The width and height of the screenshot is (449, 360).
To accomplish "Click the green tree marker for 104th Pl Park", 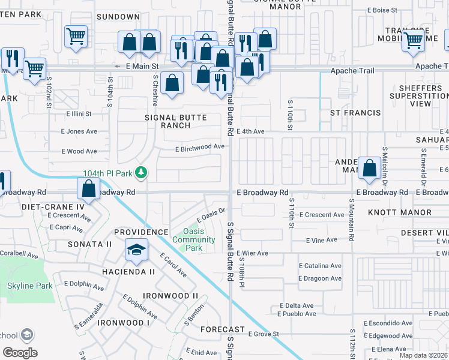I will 141,173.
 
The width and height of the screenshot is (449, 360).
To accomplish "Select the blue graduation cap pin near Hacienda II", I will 136,250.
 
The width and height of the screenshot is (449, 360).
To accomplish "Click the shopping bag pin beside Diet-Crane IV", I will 89,188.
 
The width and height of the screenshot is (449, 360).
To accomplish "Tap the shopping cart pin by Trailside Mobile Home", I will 413,40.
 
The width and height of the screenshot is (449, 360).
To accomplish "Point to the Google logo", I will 20,352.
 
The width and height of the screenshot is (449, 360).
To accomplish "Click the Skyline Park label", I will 29,286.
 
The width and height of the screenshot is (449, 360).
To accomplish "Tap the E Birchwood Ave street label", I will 200,146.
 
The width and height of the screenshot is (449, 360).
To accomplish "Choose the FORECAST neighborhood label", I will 223,329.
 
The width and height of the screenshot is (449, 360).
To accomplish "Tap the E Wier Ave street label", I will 253,253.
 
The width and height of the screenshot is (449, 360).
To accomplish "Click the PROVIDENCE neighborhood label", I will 141,232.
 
